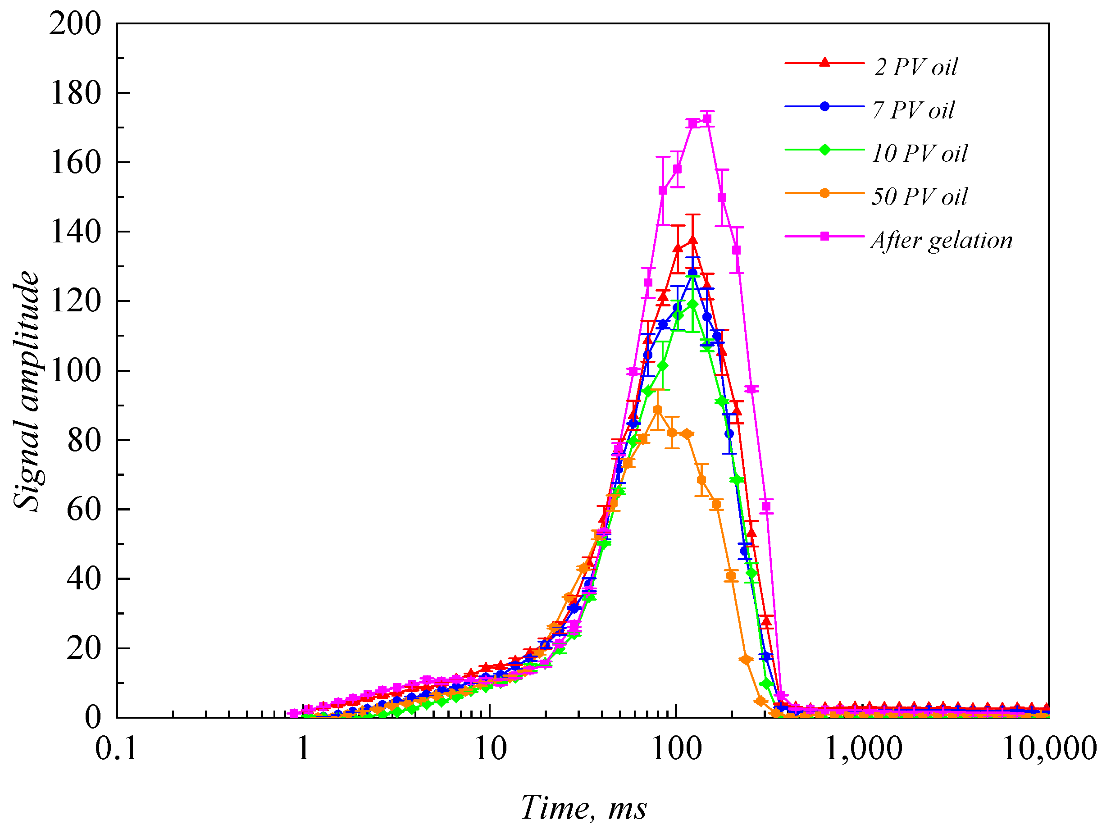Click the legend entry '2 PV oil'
[915, 67]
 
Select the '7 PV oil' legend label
[914, 110]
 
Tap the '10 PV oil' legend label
[920, 153]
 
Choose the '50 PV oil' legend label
[920, 196]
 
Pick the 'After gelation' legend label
[942, 240]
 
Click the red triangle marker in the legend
[824, 62]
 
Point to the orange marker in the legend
[824, 193]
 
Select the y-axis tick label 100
[75, 371]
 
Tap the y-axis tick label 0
[92, 717]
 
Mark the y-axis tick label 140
[75, 232]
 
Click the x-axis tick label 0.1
[117, 748]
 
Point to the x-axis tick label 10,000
[1049, 748]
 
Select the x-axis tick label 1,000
[863, 748]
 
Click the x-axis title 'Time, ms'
[583, 808]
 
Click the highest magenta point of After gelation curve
[707, 119]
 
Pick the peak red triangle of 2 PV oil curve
[693, 240]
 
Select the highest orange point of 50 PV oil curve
[657, 410]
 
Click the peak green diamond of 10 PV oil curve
[693, 304]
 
